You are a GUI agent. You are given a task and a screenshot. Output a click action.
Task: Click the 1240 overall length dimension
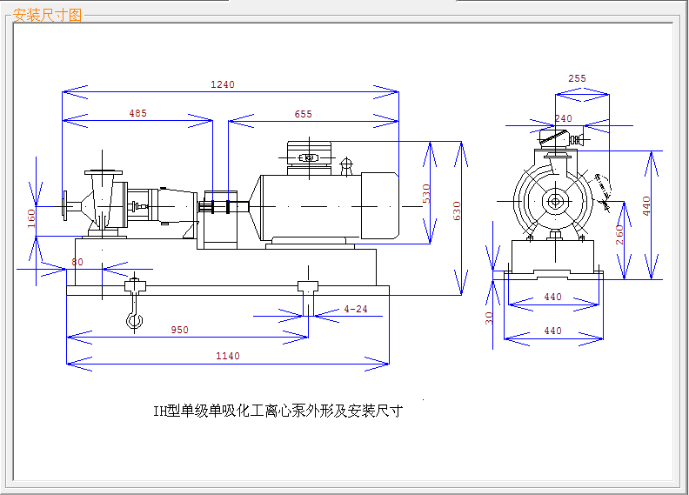(223, 84)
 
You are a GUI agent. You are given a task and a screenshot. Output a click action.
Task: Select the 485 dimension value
(137, 113)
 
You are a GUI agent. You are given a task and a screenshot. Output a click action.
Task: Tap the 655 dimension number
(303, 114)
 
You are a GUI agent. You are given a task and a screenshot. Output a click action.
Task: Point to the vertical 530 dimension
(426, 193)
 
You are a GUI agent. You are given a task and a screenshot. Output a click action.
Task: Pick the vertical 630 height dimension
(457, 211)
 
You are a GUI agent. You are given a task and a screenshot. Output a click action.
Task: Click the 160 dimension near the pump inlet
(32, 217)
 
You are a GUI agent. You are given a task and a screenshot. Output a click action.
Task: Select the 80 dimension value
(77, 262)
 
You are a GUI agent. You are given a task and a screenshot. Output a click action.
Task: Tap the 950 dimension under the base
(179, 330)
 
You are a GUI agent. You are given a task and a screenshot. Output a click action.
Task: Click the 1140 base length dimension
(228, 356)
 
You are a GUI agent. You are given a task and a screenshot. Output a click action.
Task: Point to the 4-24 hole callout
(356, 309)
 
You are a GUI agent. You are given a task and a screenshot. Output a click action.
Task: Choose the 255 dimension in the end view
(577, 78)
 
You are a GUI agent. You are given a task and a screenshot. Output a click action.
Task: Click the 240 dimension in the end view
(563, 118)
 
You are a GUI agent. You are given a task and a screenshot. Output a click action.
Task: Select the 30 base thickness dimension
(489, 318)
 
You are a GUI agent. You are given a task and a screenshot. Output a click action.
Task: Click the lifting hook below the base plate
(134, 319)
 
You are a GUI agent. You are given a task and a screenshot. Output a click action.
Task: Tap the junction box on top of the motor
(308, 157)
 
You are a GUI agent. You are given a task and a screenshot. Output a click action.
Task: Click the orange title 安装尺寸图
(48, 15)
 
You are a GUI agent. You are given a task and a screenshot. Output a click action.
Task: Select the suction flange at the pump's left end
(65, 206)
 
